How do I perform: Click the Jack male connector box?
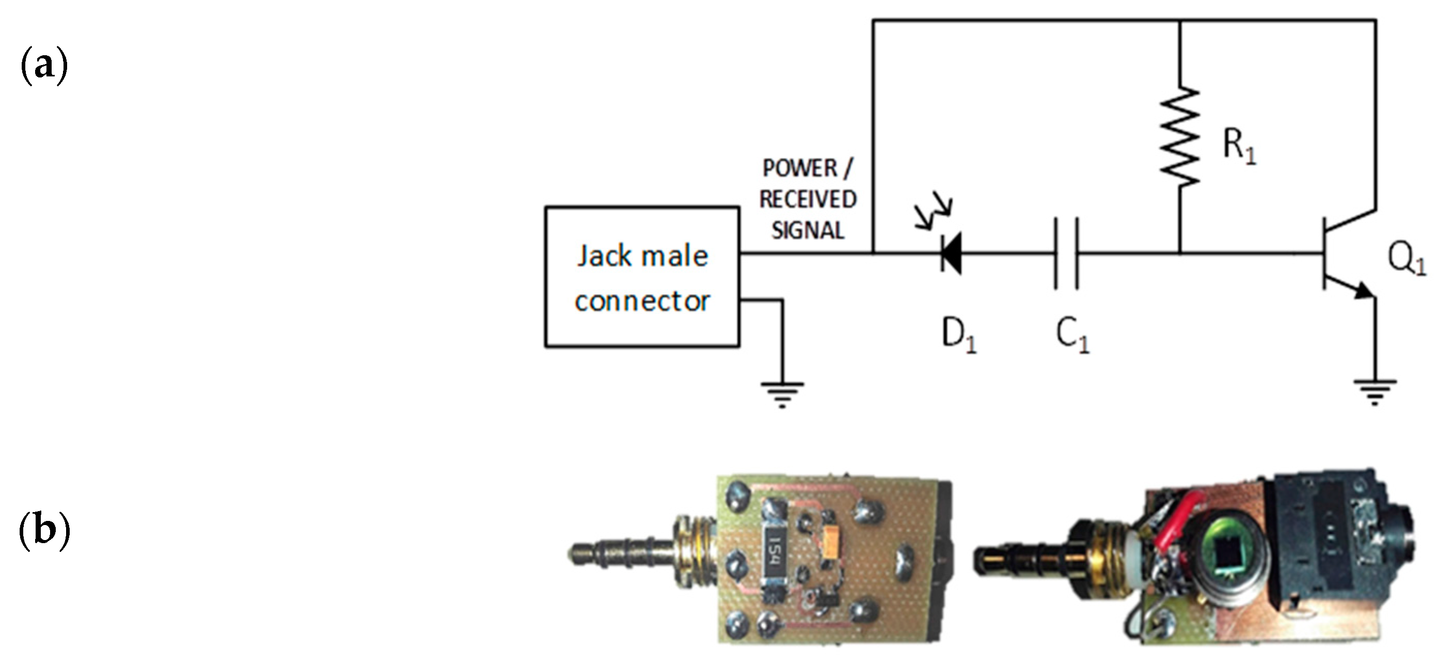642,277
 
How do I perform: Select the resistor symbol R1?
1179,136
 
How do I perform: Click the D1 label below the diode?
958,336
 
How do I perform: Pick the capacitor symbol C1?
1066,253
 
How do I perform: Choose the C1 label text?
1071,336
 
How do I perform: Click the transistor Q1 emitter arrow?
1363,291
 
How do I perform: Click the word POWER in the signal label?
799,168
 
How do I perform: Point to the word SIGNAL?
808,230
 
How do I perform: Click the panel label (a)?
44,66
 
